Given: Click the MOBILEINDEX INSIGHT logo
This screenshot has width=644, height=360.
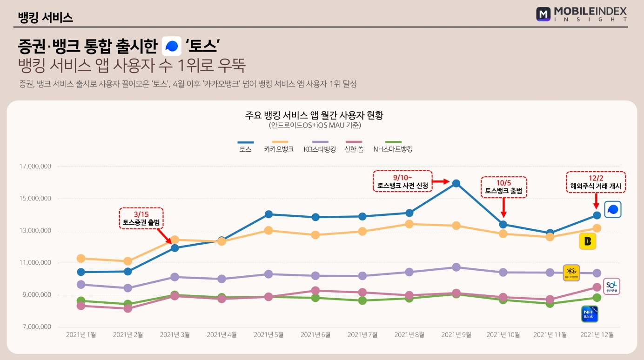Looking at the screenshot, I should pos(581,14).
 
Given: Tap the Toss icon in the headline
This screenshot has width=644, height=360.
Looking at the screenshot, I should pos(172,46).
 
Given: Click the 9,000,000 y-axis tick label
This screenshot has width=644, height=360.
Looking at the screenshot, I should pos(36,295).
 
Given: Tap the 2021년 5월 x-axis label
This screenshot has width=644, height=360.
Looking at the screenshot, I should pos(268,334).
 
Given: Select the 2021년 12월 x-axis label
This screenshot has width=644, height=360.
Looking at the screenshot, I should pos(597,334).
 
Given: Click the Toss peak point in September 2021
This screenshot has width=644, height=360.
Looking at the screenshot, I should pos(456,183).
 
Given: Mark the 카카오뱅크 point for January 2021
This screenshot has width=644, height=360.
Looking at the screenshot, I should pos(81,258).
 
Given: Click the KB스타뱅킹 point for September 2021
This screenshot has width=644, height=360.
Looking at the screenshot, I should pos(456,267).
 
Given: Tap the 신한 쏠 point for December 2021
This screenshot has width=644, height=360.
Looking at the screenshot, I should pos(597,287).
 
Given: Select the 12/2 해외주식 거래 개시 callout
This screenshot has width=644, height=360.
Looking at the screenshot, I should pos(596,182).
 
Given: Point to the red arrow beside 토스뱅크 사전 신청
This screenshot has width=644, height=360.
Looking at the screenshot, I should pos(440,181).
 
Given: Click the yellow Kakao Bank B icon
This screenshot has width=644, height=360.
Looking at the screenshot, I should pos(587,241).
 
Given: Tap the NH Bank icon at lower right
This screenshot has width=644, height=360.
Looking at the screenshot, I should pos(590,314).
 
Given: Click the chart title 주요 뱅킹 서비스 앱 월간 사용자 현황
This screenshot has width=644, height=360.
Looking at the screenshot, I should pos(314,115).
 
